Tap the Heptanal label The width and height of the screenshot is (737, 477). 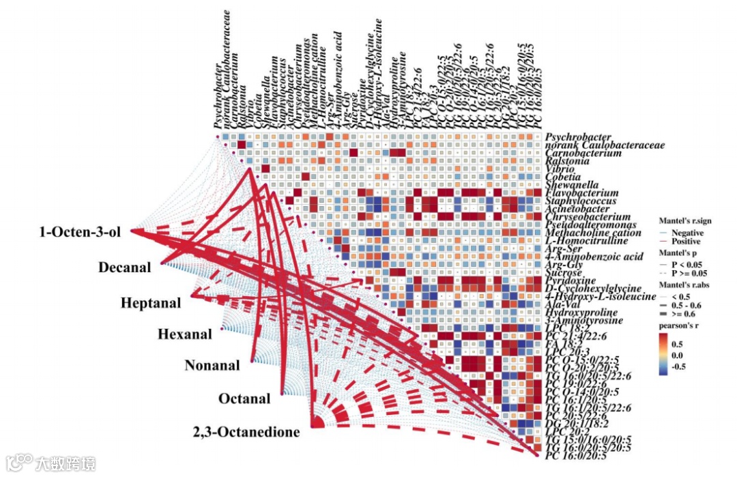[151, 303]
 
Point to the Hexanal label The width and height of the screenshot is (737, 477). [181, 334]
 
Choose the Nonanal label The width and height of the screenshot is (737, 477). [212, 366]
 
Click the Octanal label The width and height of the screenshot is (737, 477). [244, 398]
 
